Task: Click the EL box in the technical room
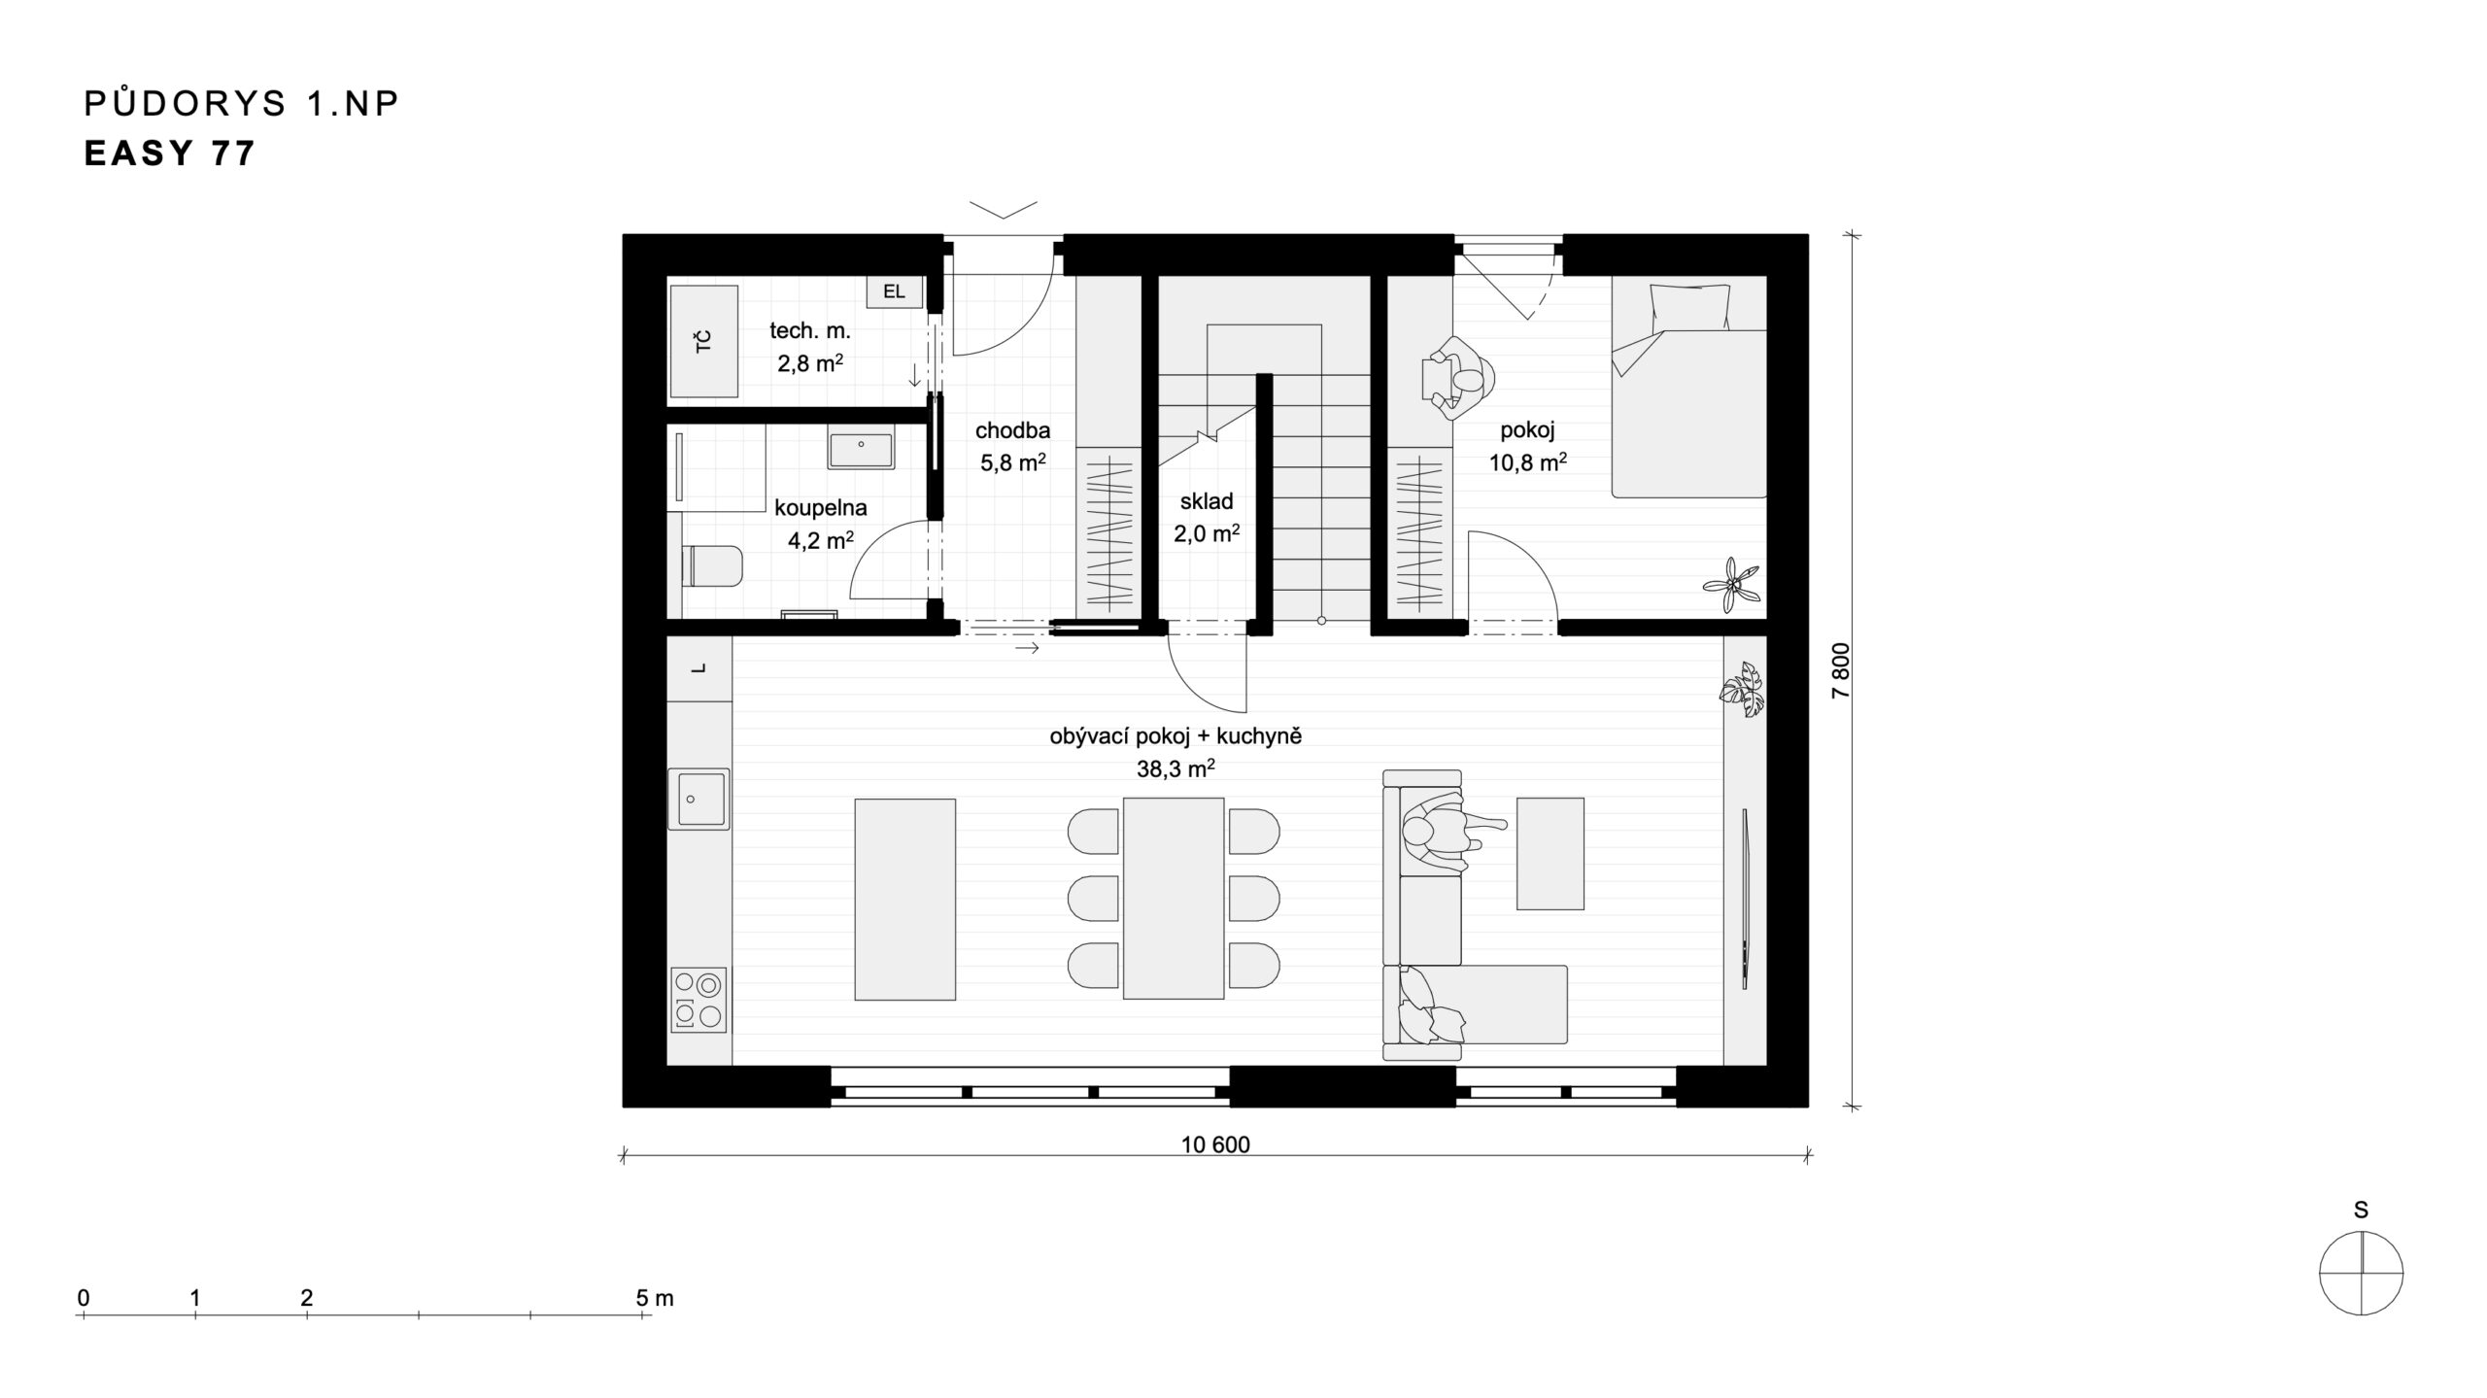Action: point(894,291)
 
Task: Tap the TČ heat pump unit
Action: point(703,341)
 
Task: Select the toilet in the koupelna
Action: point(713,565)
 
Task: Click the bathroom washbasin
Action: point(861,451)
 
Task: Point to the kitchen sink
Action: point(698,799)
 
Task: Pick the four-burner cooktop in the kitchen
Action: point(698,1000)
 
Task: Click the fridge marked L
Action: point(699,668)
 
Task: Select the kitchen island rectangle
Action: point(904,899)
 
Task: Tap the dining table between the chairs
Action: point(1173,899)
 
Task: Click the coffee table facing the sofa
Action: point(1550,854)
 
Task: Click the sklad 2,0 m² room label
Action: point(1207,517)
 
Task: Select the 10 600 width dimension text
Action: point(1215,1144)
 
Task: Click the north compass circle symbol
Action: point(2361,1273)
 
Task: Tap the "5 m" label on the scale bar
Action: point(655,1298)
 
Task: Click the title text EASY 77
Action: point(170,153)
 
